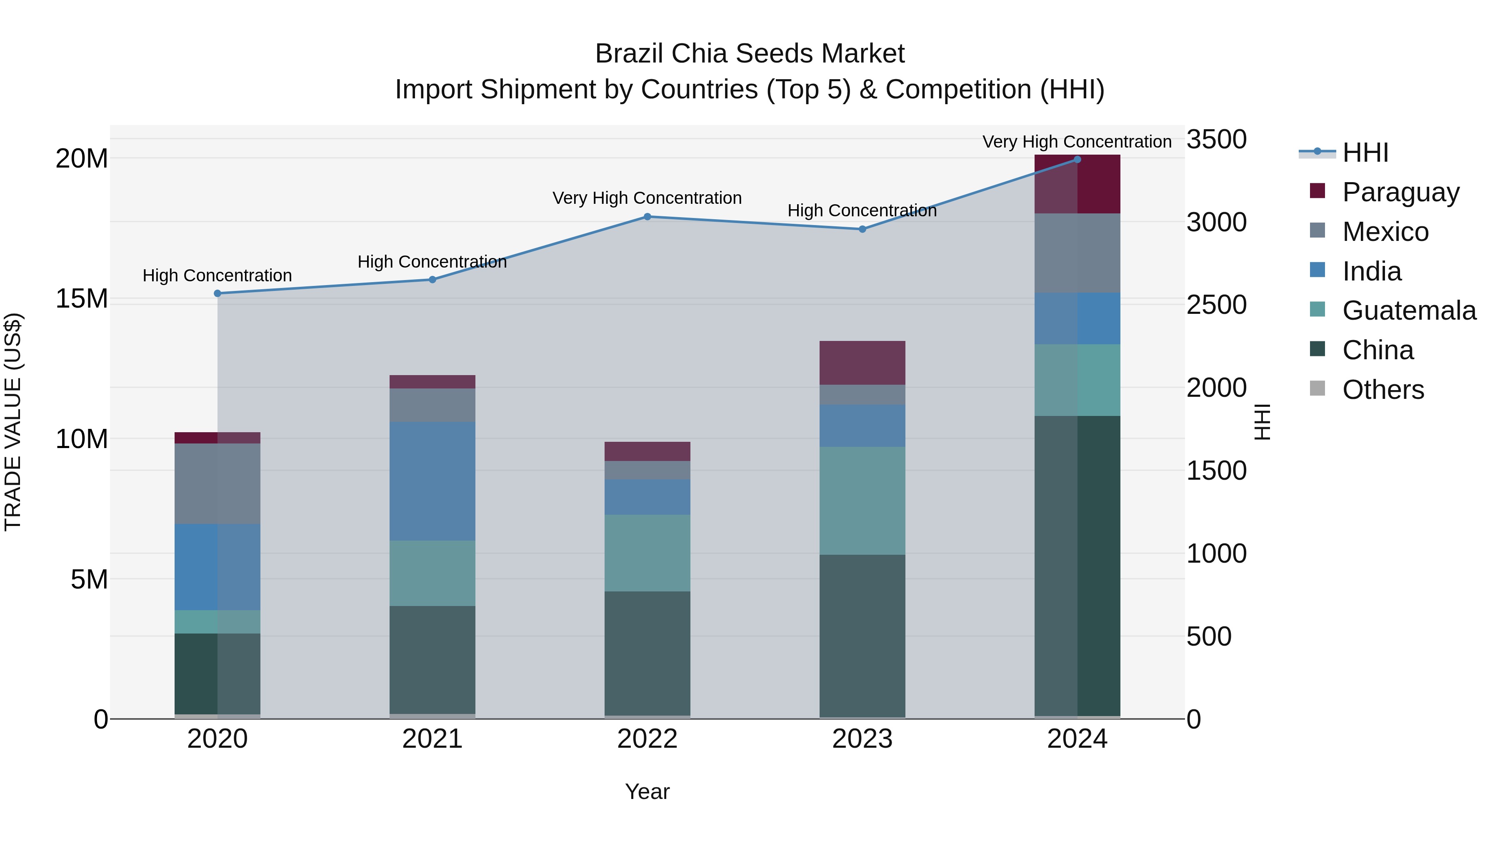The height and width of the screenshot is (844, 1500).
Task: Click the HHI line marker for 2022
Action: coord(647,217)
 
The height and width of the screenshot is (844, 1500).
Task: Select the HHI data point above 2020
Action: coord(217,293)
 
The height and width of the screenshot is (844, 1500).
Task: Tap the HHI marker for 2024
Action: coord(1077,160)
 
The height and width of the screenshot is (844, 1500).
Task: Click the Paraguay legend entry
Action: coord(1400,192)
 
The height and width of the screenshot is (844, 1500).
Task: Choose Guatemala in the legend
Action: coord(1409,311)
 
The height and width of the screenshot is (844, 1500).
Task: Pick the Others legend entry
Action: coord(1382,390)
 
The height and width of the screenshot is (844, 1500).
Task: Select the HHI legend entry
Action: coord(1365,153)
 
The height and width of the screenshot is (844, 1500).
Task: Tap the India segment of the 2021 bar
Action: coord(432,481)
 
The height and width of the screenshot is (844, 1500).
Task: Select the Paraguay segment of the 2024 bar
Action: coord(1077,184)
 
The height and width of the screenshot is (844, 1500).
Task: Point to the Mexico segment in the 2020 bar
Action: coord(217,483)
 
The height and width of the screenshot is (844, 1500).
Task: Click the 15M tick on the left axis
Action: coord(82,299)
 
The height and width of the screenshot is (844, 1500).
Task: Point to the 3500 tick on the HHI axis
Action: coord(1216,140)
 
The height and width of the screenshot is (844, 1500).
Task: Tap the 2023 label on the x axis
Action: coord(862,739)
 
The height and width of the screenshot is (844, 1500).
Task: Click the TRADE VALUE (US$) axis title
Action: coord(13,422)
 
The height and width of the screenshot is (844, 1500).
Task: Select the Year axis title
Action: coord(647,791)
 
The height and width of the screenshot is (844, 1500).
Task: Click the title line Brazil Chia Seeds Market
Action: coord(750,54)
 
